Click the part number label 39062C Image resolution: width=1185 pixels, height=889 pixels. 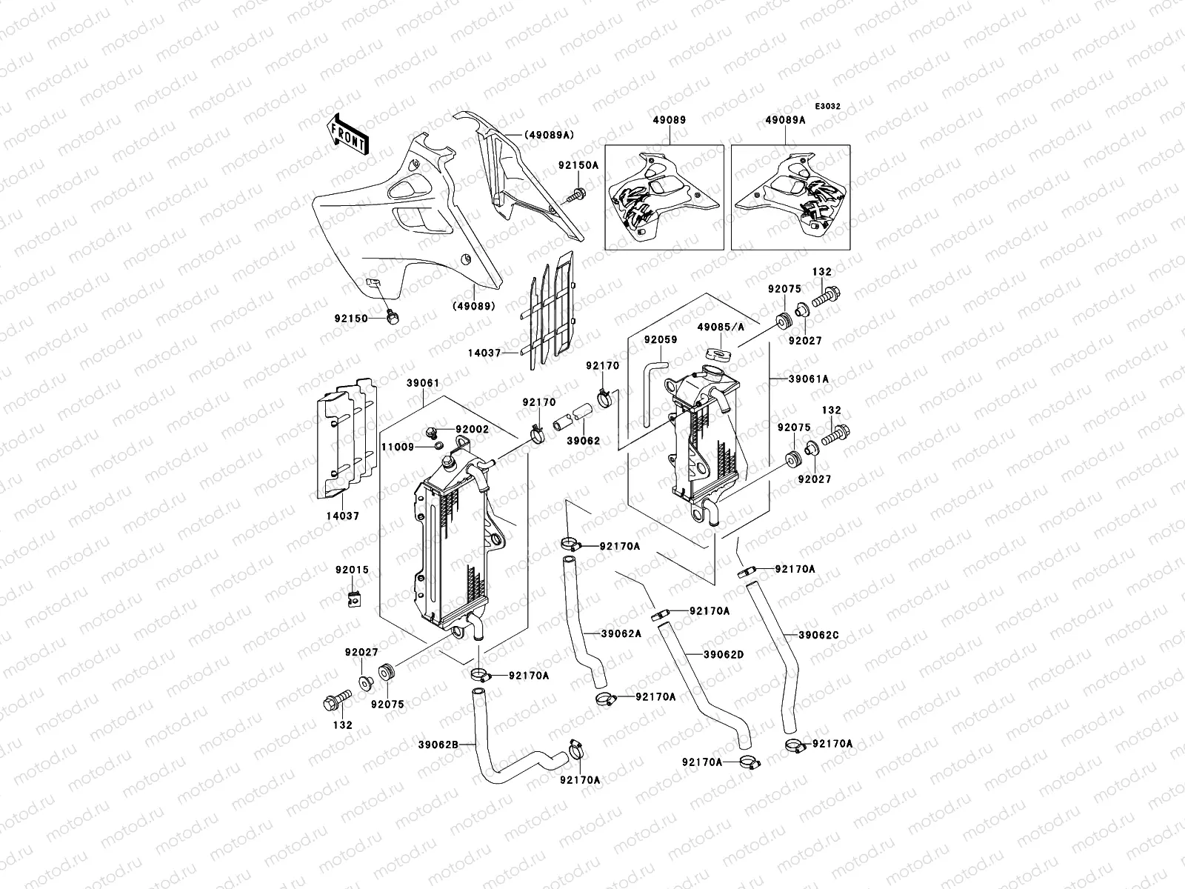click(818, 635)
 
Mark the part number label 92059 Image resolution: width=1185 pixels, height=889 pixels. click(661, 340)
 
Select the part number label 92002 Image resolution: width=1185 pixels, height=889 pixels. click(472, 429)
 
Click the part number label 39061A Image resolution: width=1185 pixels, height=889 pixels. click(808, 379)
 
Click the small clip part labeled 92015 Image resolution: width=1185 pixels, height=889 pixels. click(354, 598)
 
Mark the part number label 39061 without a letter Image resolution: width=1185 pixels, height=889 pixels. click(423, 383)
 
